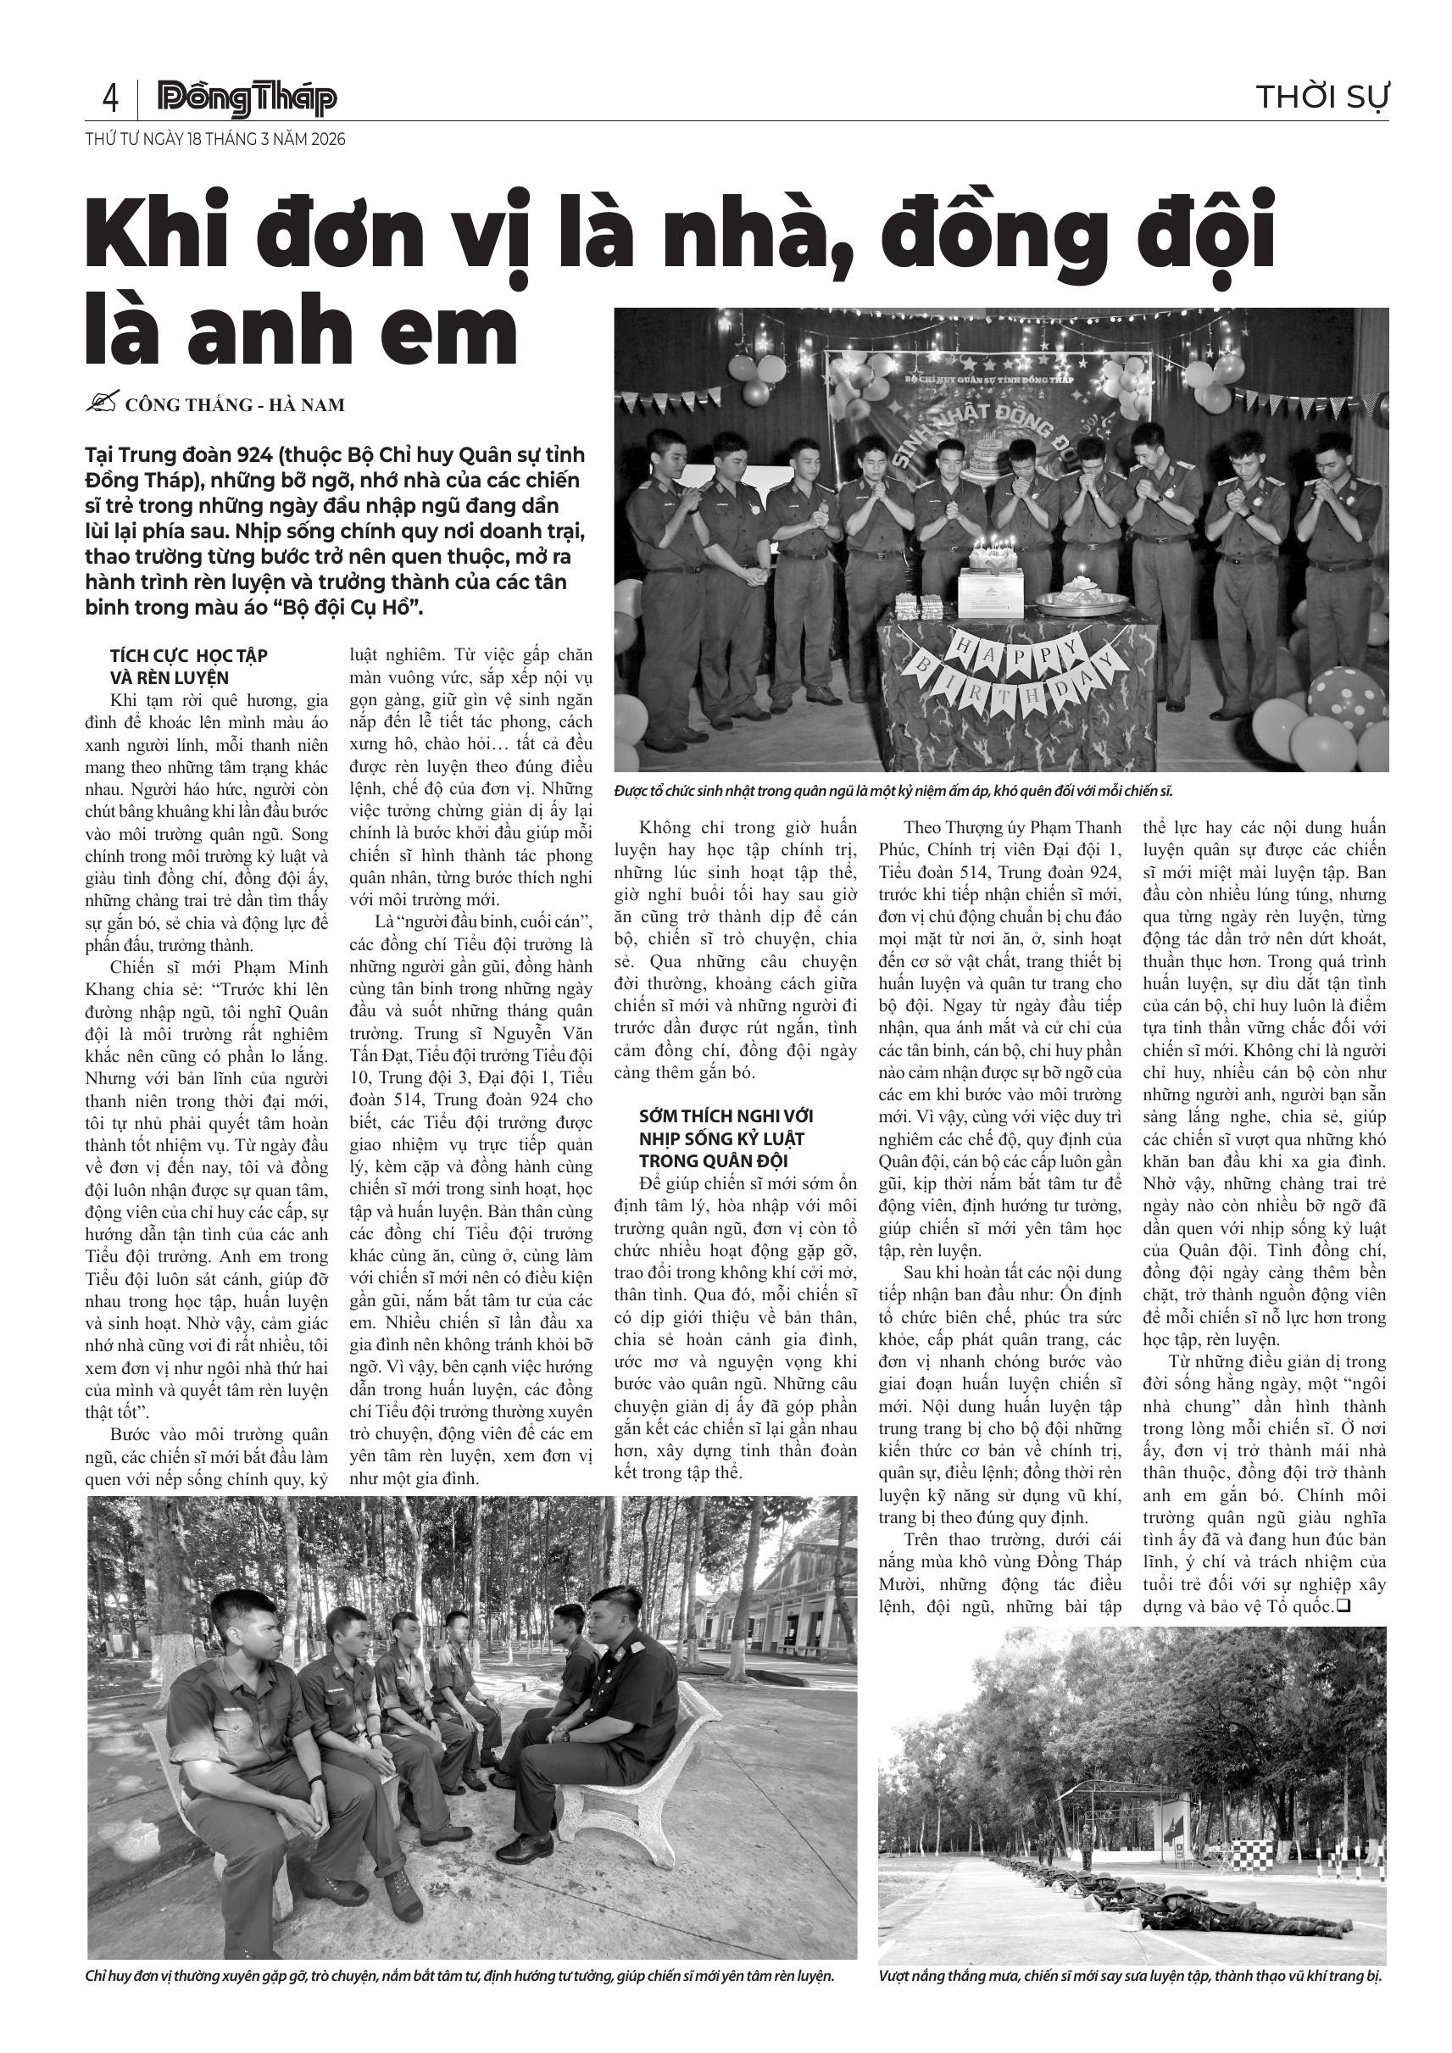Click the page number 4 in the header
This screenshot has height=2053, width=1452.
point(110,97)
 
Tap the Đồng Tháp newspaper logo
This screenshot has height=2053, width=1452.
point(247,98)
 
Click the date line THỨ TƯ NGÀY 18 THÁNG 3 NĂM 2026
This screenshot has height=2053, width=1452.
point(214,140)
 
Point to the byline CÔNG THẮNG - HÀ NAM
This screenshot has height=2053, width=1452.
point(234,405)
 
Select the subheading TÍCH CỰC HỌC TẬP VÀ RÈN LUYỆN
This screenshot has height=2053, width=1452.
point(189,666)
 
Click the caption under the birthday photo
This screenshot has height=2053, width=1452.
point(893,792)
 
